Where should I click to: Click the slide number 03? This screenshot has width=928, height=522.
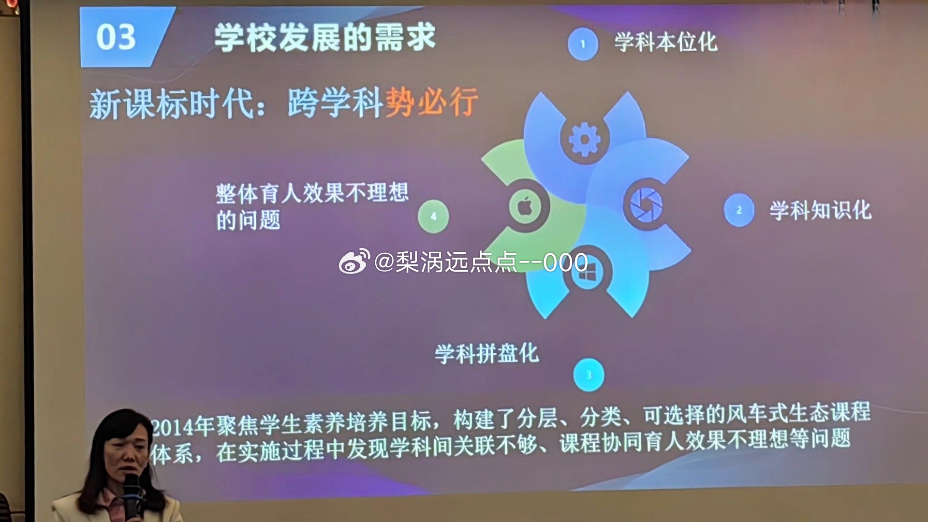pos(116,37)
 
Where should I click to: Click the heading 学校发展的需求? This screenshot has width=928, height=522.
pos(325,38)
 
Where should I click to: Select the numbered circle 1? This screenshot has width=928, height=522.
pos(583,44)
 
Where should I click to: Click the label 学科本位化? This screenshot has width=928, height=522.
pos(665,42)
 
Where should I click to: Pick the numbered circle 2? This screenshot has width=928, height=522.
pos(739,210)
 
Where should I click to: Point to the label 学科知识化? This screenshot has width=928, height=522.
pos(820,210)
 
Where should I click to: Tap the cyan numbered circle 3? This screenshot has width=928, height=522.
pos(589,375)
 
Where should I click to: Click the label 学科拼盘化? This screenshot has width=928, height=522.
pos(486,353)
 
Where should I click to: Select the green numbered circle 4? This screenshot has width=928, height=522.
pos(433,217)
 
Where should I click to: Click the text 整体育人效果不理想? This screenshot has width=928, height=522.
pos(312,193)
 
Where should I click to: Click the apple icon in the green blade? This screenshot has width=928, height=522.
pos(526,206)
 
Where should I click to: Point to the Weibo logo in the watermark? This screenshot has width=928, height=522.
pos(354,261)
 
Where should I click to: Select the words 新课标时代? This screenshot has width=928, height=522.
pos(171,103)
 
